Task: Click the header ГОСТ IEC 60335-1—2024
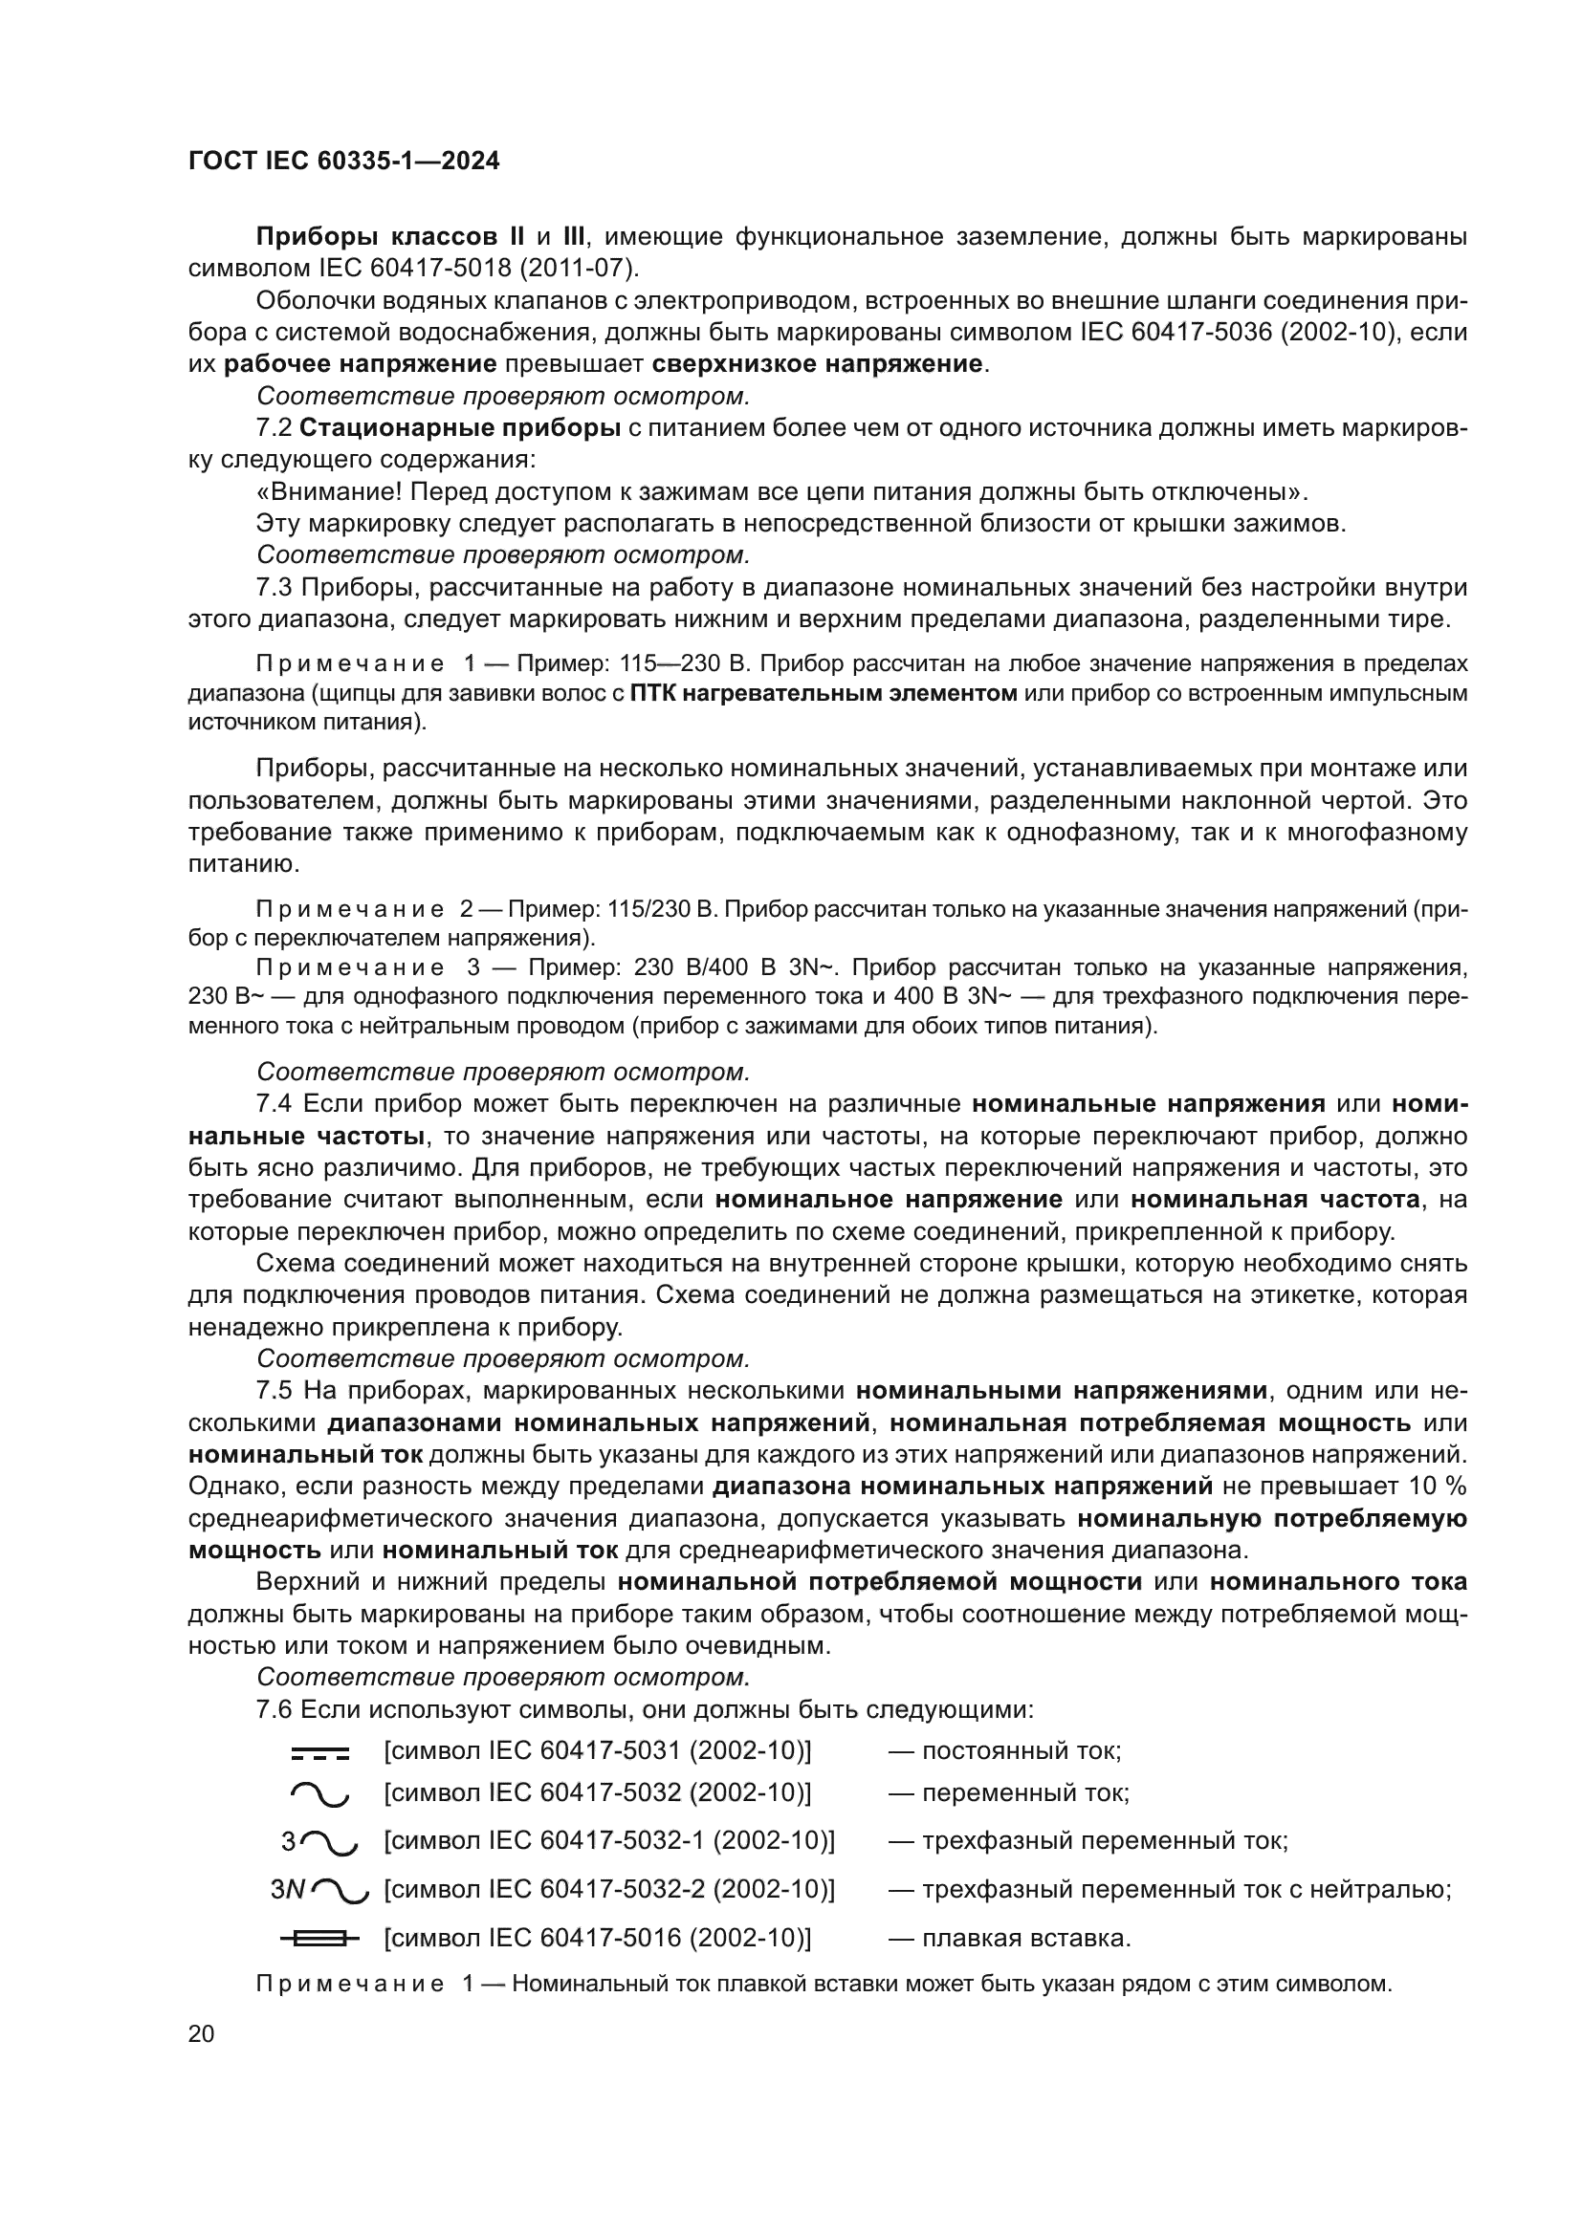click(x=344, y=162)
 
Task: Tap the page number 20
click(x=202, y=2033)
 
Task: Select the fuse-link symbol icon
click(x=319, y=1939)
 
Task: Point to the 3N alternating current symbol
click(x=319, y=1890)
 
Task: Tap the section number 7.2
click(x=274, y=427)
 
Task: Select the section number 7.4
click(x=274, y=1103)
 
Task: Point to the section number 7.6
click(x=274, y=1709)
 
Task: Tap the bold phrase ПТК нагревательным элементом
click(x=824, y=693)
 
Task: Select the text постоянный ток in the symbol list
click(x=1021, y=1751)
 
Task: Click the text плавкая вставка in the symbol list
click(x=1025, y=1938)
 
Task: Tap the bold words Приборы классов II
click(x=389, y=237)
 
